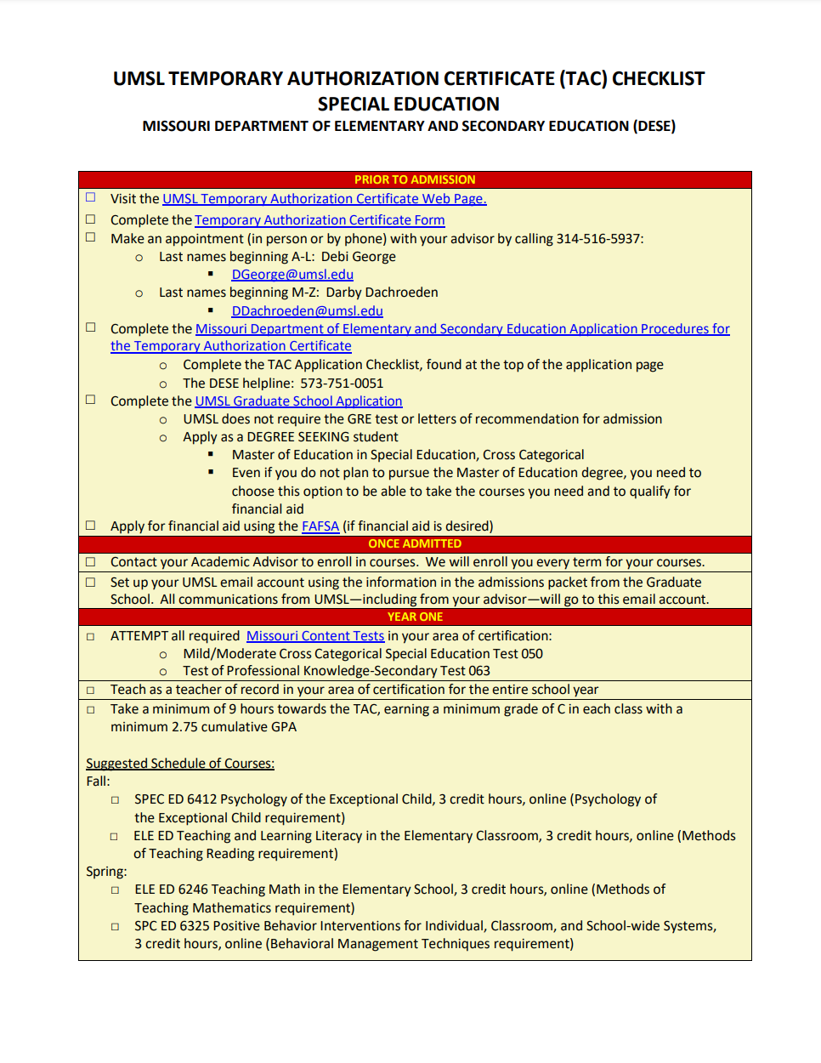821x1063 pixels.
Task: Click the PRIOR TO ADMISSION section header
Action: tap(415, 179)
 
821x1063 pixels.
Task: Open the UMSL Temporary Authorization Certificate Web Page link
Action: tap(324, 199)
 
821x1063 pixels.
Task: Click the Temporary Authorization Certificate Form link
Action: tap(320, 220)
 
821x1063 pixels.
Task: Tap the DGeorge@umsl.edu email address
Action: tap(292, 275)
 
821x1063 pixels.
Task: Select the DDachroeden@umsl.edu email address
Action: tap(307, 311)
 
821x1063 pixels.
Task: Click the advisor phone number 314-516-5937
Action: tap(598, 239)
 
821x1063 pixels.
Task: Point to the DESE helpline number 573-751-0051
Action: tap(342, 384)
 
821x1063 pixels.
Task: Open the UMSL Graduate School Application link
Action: tap(298, 401)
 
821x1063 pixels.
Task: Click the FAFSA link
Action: tap(320, 526)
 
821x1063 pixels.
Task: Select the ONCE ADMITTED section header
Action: tap(415, 543)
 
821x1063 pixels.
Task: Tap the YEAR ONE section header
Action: tap(415, 617)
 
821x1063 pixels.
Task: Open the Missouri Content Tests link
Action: tap(315, 636)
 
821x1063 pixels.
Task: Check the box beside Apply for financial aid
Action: tap(91, 526)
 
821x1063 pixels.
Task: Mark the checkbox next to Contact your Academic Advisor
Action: tap(91, 562)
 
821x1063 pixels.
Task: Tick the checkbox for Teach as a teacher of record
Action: tap(91, 690)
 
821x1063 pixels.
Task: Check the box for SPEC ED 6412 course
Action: tap(116, 800)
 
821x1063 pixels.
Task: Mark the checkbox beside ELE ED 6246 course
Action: tap(116, 890)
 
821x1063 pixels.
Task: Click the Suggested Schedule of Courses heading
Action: tap(180, 764)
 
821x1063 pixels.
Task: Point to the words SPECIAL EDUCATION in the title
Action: tap(409, 104)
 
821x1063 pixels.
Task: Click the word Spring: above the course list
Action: tap(106, 872)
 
